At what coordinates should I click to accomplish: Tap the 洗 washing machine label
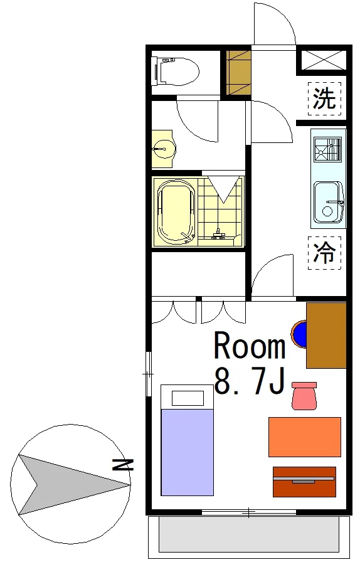tap(324, 98)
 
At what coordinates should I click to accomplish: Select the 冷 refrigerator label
tap(324, 252)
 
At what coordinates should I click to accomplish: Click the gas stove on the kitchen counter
tap(328, 149)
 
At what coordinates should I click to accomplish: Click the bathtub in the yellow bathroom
tap(176, 211)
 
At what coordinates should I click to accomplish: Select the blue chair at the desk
tap(299, 334)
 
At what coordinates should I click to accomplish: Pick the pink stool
tap(304, 396)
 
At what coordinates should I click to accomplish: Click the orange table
tap(305, 437)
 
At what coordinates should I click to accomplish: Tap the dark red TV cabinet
tap(305, 482)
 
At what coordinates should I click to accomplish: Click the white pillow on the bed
tap(188, 398)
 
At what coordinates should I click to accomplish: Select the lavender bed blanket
tap(187, 452)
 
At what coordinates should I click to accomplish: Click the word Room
tap(250, 345)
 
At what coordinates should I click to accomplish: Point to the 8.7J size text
tap(250, 381)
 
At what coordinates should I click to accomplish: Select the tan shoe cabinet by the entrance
tap(238, 72)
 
